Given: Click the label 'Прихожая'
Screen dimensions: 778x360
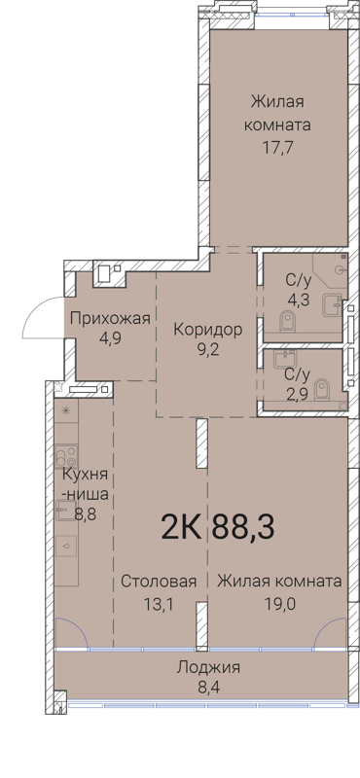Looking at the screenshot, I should tap(110, 318).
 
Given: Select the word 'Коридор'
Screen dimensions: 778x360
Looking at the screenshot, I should tap(207, 329).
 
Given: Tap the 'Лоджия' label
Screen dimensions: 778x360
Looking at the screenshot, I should tap(208, 667).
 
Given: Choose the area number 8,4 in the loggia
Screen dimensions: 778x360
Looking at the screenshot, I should tap(208, 689).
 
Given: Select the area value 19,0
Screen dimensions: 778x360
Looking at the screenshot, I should tap(278, 603).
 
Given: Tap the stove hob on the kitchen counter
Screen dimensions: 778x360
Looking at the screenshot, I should tap(66, 455).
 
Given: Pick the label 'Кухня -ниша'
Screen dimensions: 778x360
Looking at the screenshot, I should tap(86, 484).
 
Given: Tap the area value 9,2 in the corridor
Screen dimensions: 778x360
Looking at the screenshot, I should tap(207, 351).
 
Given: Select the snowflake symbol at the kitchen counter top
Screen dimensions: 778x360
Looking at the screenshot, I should tap(66, 410).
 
